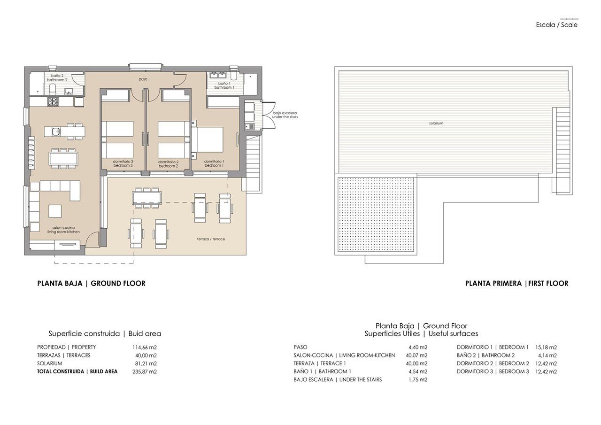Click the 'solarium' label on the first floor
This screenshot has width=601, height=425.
pos(436,124)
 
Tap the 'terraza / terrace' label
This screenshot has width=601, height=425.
pos(211,239)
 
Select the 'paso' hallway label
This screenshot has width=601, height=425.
pos(143,79)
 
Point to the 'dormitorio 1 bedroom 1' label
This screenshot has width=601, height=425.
pos(214,163)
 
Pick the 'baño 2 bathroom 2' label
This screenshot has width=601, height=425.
pos(54,78)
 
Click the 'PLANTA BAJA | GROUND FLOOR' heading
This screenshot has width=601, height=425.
pos(91,284)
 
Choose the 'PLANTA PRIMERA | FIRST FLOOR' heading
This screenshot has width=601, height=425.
pos(516,284)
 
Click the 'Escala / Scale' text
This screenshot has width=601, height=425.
pos(556,25)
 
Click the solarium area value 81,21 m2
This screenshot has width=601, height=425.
pos(146,363)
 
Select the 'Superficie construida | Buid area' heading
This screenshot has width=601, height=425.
pos(105,334)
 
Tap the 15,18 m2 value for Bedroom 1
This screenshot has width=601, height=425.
pos(546,348)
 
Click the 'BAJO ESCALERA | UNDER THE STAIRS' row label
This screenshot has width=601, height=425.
pos(338,379)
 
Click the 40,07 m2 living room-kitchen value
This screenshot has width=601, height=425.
pos(417,355)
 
